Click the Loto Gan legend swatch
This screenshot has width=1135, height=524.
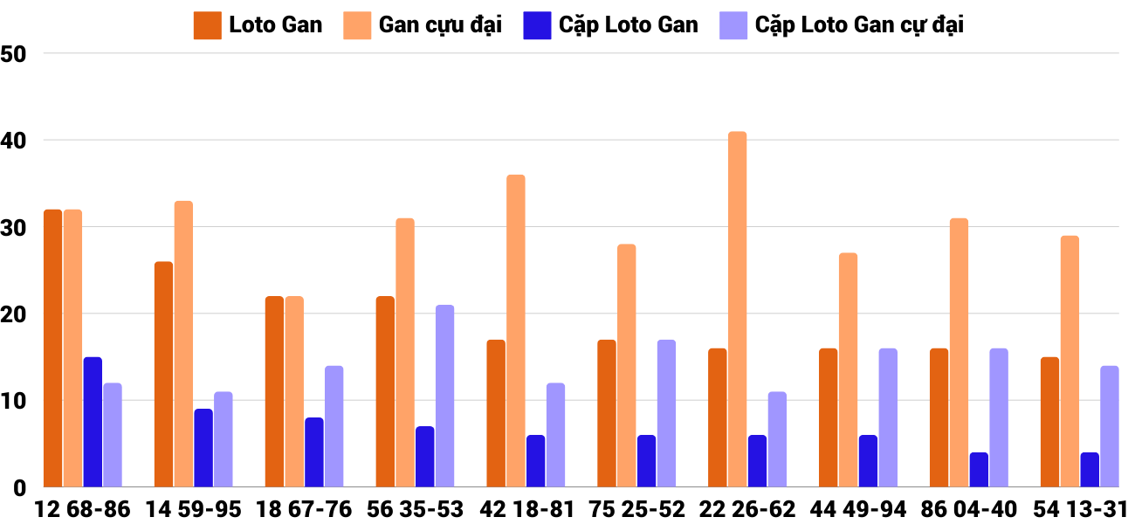[208, 25]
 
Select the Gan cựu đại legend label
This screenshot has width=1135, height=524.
[440, 25]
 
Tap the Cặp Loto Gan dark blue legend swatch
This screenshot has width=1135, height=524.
[537, 25]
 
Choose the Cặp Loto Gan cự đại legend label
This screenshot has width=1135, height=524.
[859, 25]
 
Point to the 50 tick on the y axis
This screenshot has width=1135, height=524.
[15, 54]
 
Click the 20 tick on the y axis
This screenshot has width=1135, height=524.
[15, 314]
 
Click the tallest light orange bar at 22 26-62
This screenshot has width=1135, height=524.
[738, 309]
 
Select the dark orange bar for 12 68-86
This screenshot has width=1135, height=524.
[53, 348]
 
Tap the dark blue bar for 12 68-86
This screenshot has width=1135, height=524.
[93, 422]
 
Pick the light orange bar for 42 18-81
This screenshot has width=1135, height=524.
[516, 331]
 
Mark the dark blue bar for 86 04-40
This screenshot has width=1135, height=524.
[979, 470]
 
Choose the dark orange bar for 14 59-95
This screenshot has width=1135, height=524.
[164, 375]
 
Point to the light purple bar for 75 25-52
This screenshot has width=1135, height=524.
[666, 413]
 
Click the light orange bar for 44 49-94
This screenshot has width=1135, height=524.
[849, 370]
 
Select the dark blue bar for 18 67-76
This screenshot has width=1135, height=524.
[314, 452]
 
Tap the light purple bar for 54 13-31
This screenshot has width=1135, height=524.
[1110, 426]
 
